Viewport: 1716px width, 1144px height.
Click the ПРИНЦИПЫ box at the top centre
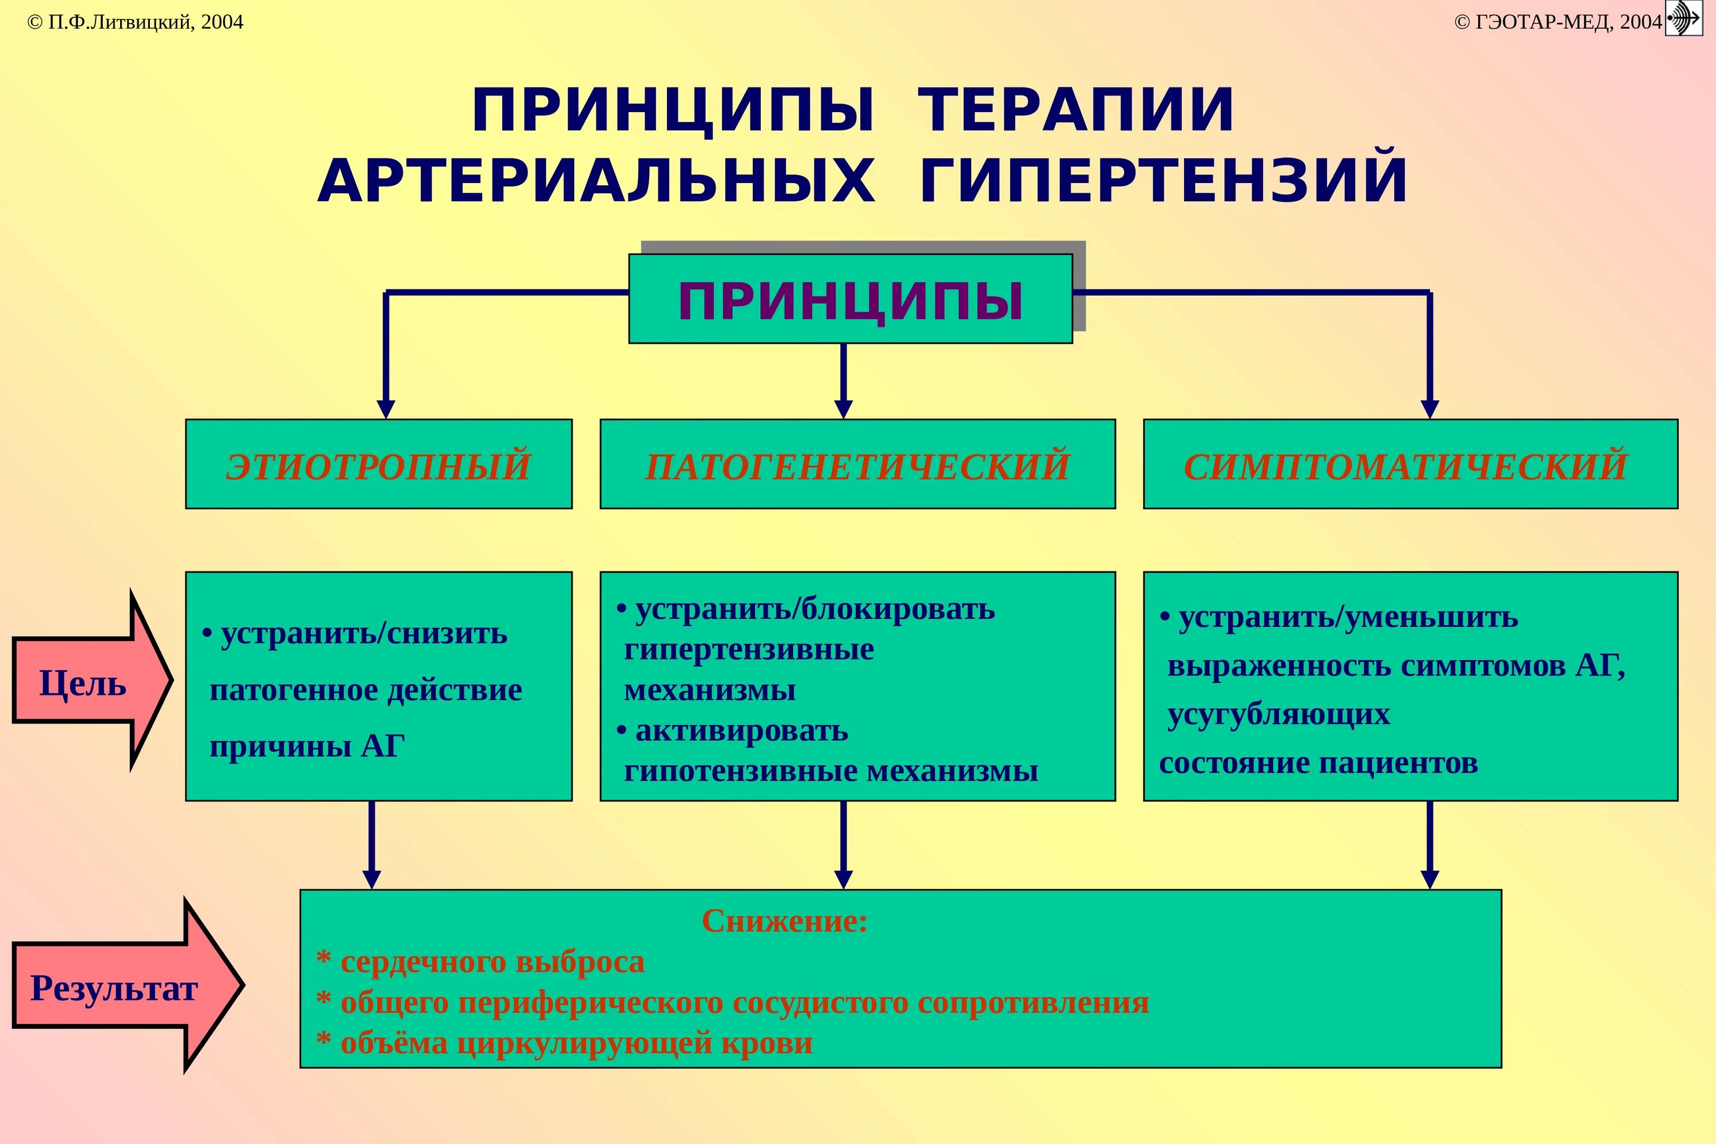850,299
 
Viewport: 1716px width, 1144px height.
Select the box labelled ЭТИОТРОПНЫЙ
379,464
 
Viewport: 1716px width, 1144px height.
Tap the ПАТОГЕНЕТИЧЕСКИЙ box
857,464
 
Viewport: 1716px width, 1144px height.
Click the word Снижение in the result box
784,921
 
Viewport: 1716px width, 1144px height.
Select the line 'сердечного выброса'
492,962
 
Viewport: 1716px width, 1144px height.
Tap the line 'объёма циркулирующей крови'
577,1043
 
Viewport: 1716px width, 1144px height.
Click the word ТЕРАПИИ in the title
1075,111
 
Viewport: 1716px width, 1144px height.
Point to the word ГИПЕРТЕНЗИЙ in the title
1163,180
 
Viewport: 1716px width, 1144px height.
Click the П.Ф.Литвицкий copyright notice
136,22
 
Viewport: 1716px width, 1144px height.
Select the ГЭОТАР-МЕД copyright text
1558,22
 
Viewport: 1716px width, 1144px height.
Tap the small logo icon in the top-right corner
1685,18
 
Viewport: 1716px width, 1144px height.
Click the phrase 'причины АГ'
307,746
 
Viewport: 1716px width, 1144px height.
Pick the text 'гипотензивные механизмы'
831,771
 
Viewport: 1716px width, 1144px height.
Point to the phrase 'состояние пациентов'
1318,764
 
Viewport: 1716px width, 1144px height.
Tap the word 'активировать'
741,730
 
